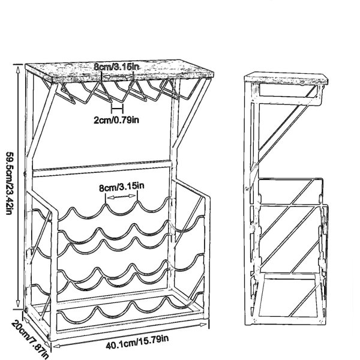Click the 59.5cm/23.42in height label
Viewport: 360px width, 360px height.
pyautogui.click(x=9, y=183)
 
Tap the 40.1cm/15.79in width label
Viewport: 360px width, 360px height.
pyautogui.click(x=137, y=341)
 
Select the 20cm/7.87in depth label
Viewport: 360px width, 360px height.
pyautogui.click(x=30, y=339)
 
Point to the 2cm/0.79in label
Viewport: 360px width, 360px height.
pyautogui.click(x=116, y=120)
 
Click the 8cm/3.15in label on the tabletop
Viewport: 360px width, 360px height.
pyautogui.click(x=116, y=67)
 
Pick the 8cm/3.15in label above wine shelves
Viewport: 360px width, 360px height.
pyautogui.click(x=121, y=187)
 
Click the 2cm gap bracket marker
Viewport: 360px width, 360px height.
pyautogui.click(x=118, y=109)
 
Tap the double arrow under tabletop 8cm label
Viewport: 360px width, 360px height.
pyautogui.click(x=117, y=76)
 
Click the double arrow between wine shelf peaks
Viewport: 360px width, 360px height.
pyautogui.click(x=122, y=197)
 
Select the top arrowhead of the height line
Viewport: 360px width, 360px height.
pyautogui.click(x=17, y=68)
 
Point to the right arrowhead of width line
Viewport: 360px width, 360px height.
pyautogui.click(x=203, y=325)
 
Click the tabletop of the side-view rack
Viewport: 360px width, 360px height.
pyautogui.click(x=286, y=78)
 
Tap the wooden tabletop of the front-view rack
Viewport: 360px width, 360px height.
pyautogui.click(x=119, y=71)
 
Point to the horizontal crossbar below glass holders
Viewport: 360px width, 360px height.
pyautogui.click(x=102, y=169)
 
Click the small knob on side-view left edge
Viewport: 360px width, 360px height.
pyautogui.click(x=247, y=189)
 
